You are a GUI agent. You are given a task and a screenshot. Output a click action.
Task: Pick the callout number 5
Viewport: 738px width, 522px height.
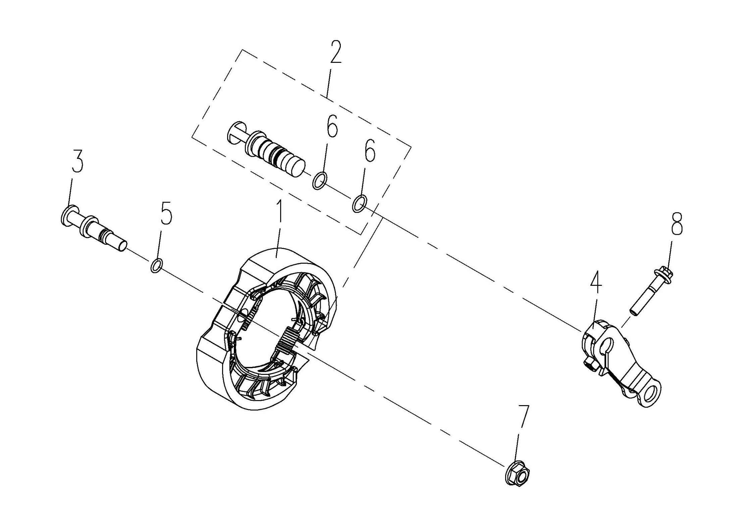pyautogui.click(x=166, y=213)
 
